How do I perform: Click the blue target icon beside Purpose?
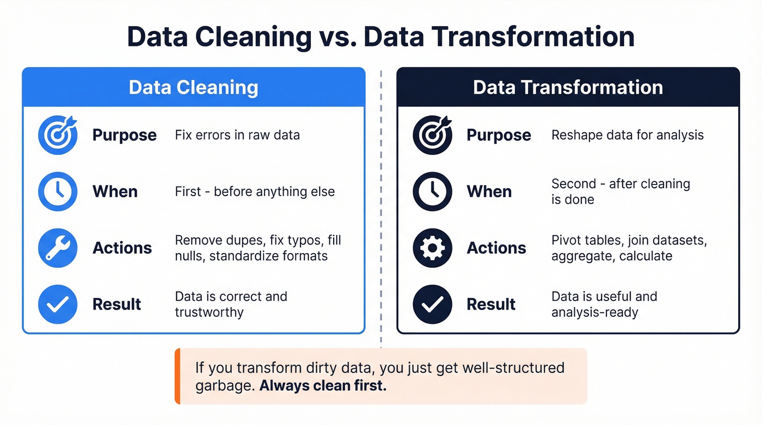57,135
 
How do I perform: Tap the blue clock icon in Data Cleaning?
57,192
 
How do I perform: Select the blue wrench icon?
57,248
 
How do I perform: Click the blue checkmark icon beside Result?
57,304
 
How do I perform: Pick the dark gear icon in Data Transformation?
433,248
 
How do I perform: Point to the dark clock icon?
433,192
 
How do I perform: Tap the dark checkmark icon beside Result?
433,304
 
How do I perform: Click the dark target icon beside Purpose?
433,135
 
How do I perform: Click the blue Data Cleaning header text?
193,88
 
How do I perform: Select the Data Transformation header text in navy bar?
568,88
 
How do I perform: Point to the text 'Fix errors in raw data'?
237,135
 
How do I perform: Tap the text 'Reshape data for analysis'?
627,135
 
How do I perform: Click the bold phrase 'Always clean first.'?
323,386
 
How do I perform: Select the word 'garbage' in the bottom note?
224,386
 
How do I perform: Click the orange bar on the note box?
177,376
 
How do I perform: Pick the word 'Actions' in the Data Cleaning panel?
122,248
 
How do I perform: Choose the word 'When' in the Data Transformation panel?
489,192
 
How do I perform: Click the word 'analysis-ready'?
594,312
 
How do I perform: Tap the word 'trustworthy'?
209,312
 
